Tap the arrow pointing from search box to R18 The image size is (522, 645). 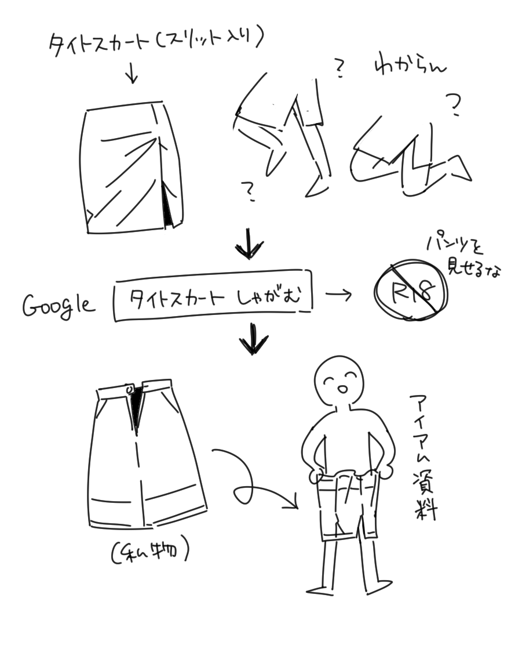pyautogui.click(x=338, y=295)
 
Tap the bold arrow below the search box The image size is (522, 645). pyautogui.click(x=253, y=339)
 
